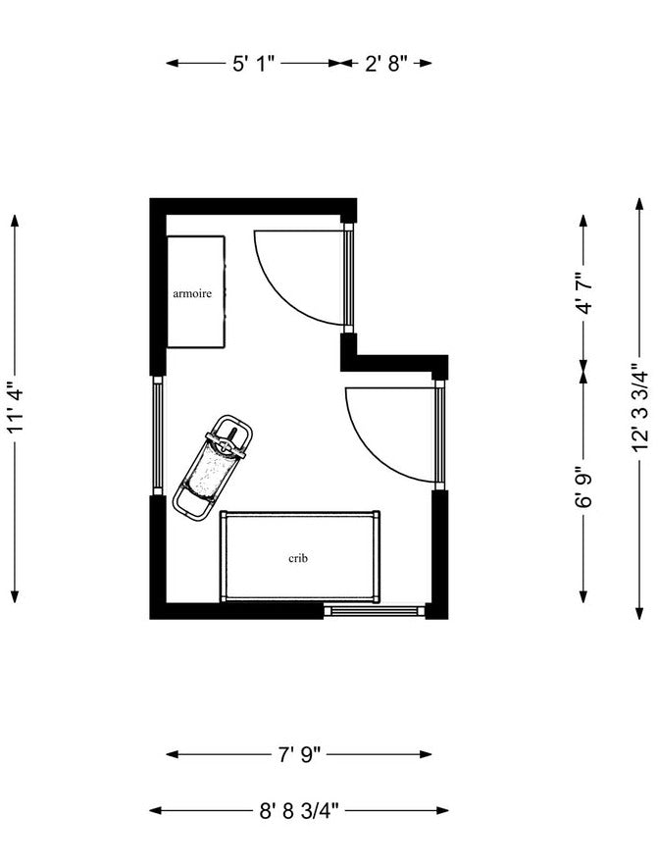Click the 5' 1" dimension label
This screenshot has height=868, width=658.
point(254,63)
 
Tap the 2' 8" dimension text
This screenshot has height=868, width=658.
point(385,63)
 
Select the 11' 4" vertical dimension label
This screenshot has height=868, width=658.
point(15,408)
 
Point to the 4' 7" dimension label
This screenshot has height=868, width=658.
point(584,293)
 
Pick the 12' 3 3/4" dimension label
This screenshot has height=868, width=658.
point(640,408)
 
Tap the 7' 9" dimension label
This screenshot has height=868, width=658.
point(299,754)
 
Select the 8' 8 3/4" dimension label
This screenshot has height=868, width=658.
point(299,811)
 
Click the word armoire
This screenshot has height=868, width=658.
point(192,293)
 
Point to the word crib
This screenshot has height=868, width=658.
point(298,558)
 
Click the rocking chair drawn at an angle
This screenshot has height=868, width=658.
point(213,466)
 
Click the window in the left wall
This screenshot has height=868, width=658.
point(158,435)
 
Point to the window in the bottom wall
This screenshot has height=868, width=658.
point(374,611)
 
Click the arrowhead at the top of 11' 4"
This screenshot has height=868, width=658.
point(15,221)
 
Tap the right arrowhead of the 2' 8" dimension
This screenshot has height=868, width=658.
point(426,63)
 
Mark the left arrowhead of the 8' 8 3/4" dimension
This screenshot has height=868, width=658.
point(156,811)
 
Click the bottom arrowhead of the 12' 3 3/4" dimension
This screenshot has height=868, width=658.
point(640,613)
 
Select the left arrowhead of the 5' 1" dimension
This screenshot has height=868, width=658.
point(173,63)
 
